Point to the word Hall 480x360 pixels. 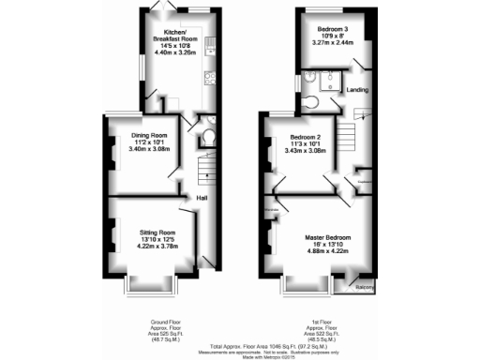tap(202, 197)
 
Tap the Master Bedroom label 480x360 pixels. tap(325, 238)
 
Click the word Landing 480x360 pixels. tap(357, 90)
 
